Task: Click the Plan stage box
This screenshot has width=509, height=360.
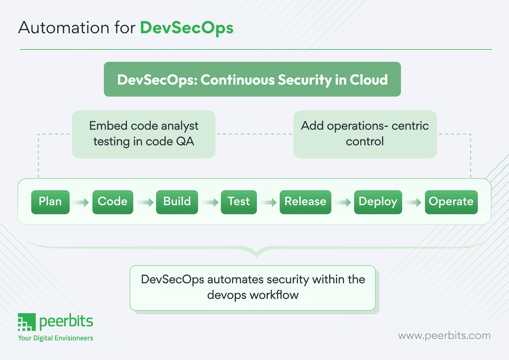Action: click(50, 202)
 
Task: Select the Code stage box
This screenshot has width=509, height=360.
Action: click(112, 202)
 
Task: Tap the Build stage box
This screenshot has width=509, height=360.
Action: click(177, 202)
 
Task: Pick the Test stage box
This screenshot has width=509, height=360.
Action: click(238, 202)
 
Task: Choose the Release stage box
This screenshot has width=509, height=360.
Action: click(305, 202)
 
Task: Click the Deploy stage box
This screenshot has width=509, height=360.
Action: click(378, 202)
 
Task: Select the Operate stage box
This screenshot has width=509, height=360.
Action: click(451, 202)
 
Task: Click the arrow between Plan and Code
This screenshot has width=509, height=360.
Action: click(81, 203)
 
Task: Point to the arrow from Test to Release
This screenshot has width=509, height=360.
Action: click(268, 203)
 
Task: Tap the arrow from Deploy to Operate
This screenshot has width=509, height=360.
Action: click(413, 203)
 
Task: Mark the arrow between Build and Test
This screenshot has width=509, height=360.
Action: click(210, 203)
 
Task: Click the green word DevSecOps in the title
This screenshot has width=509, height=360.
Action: click(186, 28)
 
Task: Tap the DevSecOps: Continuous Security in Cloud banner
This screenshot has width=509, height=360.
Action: click(252, 79)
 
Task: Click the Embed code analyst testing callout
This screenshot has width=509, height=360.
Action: click(144, 134)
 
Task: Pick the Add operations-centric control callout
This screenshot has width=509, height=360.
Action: click(365, 134)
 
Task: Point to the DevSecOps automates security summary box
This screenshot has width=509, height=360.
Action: click(253, 287)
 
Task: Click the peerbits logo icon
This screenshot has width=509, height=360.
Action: click(27, 322)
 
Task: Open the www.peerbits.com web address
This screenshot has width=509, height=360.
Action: click(444, 335)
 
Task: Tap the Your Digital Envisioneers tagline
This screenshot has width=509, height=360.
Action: click(56, 338)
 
